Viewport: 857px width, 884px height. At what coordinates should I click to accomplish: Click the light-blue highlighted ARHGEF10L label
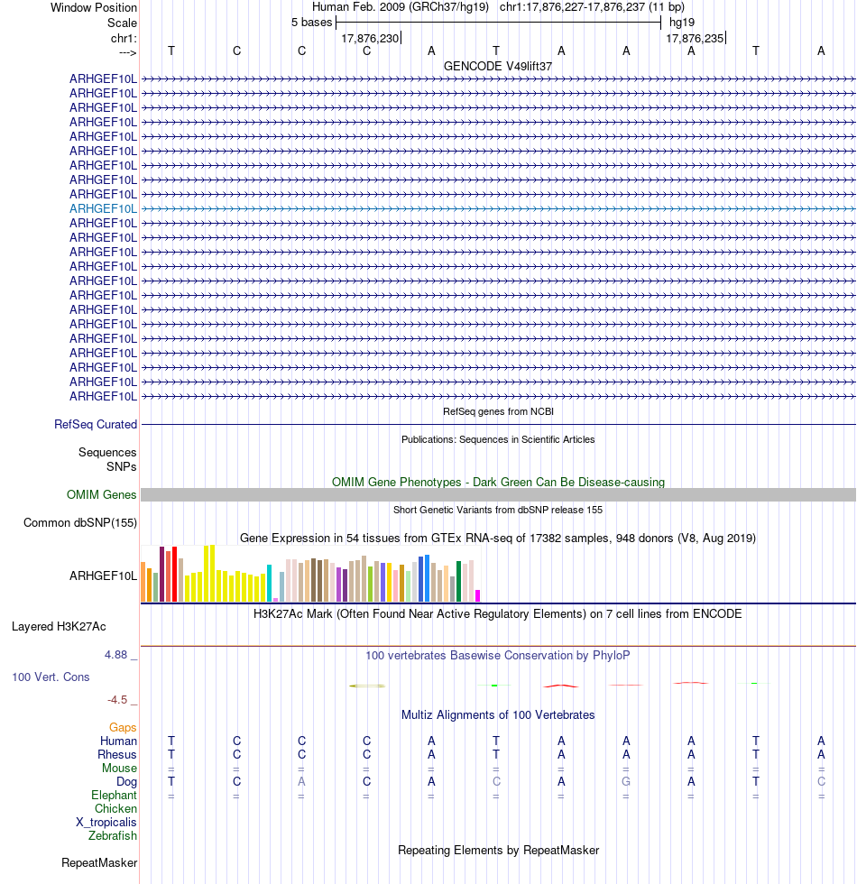click(x=103, y=208)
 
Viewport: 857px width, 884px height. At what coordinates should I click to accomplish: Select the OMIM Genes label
click(x=101, y=494)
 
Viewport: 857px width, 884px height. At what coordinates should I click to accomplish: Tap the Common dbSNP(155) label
click(x=80, y=522)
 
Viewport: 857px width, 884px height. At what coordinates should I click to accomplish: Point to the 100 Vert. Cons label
click(x=51, y=677)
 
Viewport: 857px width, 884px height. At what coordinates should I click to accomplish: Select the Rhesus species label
click(x=117, y=754)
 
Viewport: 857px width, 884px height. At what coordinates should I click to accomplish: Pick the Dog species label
click(x=126, y=781)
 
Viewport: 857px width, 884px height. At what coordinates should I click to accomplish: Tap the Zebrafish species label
click(x=113, y=836)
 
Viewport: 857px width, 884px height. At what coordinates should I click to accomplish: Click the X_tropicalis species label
click(x=106, y=823)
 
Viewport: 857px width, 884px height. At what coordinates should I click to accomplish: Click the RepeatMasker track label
click(x=99, y=863)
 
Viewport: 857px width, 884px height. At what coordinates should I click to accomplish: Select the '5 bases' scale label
click(x=311, y=22)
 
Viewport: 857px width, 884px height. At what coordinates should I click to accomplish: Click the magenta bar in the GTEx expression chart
click(x=478, y=595)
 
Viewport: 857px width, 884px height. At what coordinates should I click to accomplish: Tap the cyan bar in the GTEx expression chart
click(x=270, y=583)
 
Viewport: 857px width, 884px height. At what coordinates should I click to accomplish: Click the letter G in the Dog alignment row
click(x=626, y=781)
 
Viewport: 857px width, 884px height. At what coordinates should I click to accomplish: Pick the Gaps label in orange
click(x=123, y=727)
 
